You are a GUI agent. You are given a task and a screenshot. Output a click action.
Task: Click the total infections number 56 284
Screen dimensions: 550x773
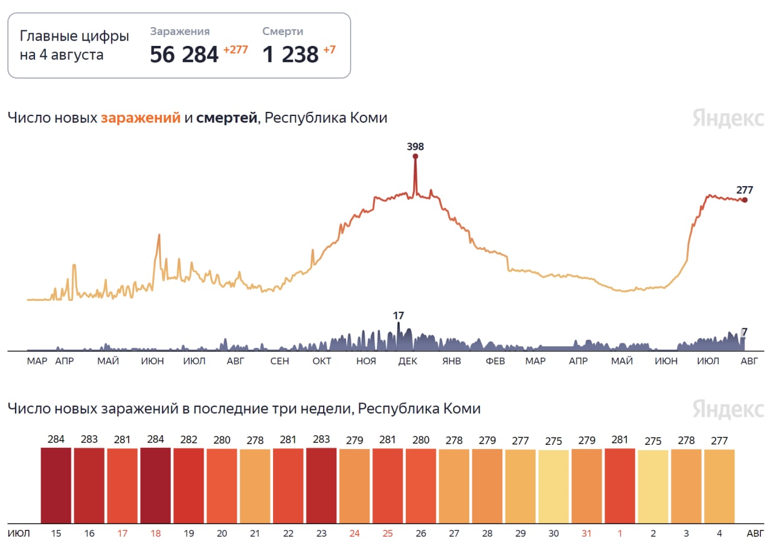click(184, 54)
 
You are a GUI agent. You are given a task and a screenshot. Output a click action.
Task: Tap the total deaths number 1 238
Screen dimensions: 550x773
click(290, 54)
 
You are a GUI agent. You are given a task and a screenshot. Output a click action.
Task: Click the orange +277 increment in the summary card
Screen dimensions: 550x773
click(236, 50)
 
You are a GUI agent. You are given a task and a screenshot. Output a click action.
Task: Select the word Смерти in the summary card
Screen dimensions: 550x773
click(283, 31)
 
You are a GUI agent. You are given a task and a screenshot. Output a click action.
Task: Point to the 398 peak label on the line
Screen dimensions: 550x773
click(415, 146)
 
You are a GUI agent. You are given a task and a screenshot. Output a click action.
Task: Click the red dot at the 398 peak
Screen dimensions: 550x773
click(415, 157)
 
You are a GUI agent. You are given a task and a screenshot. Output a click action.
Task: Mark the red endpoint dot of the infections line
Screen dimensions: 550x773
click(745, 200)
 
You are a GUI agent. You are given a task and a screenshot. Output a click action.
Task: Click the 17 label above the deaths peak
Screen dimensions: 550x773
click(398, 315)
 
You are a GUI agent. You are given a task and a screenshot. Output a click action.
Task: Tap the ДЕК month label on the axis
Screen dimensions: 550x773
click(408, 361)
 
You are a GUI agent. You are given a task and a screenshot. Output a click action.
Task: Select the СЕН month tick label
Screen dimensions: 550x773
click(279, 361)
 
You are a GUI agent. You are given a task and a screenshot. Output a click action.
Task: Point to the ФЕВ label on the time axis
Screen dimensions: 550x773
click(495, 361)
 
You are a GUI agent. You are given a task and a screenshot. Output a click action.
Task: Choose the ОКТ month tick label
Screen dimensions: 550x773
click(322, 361)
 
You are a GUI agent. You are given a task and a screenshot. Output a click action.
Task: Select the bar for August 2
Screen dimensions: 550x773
click(653, 487)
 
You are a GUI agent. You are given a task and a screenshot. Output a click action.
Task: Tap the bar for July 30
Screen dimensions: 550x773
click(553, 487)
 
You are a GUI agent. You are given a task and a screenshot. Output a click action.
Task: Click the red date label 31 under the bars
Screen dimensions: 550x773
click(586, 534)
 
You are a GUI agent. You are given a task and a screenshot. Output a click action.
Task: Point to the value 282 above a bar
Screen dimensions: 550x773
click(188, 439)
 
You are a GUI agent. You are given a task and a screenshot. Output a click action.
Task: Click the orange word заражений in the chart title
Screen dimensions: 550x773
click(141, 118)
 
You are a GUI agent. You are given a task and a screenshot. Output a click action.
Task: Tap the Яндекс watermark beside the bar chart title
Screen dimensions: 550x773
click(728, 409)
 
